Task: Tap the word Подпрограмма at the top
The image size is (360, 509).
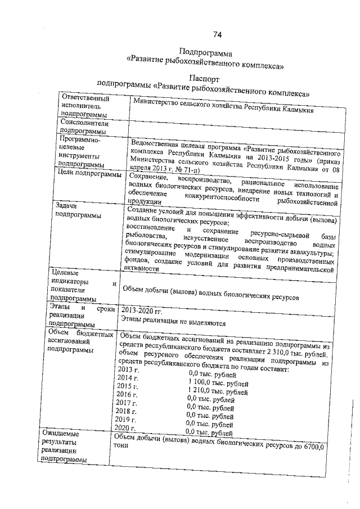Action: point(204,52)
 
